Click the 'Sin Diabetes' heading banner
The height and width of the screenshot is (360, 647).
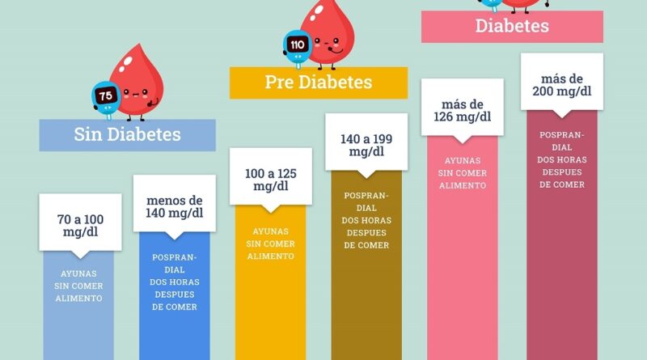(x=128, y=134)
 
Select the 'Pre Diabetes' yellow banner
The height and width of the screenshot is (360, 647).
(x=319, y=82)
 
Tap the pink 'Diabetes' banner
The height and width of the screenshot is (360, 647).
(x=512, y=26)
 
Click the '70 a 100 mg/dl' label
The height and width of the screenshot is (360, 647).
(x=80, y=225)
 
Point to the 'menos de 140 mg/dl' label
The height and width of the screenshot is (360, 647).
(x=175, y=207)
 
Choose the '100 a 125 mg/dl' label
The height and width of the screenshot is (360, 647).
(x=270, y=180)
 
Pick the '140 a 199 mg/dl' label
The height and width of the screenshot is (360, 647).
(x=366, y=145)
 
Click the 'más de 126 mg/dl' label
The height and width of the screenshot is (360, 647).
(x=462, y=110)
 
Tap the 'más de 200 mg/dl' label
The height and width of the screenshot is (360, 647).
(x=561, y=85)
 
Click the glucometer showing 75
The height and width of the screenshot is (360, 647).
(x=106, y=96)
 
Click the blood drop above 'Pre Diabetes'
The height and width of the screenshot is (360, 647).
(x=328, y=32)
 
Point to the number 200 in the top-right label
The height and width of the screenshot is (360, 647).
(x=544, y=91)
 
